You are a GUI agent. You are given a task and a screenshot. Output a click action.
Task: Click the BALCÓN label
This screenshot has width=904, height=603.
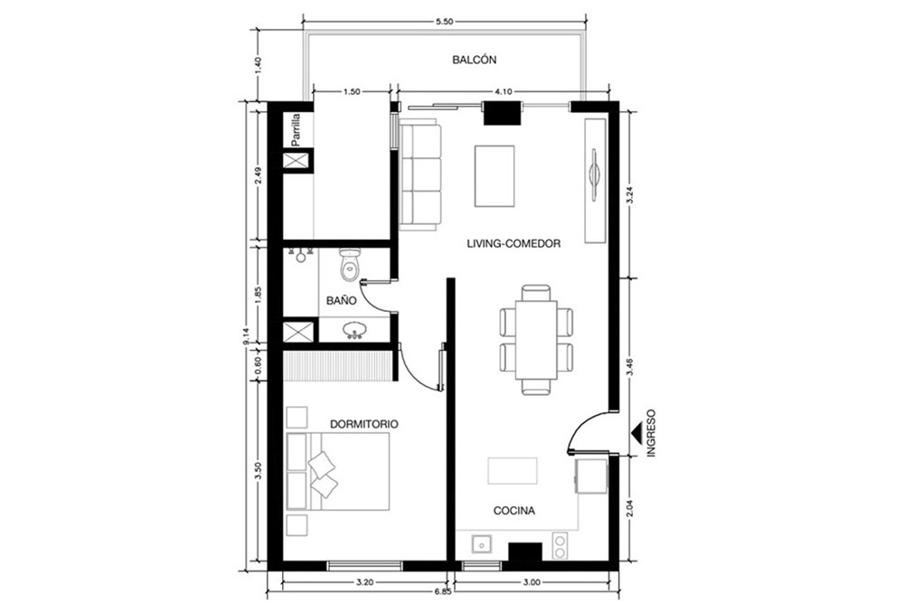(x=474, y=60)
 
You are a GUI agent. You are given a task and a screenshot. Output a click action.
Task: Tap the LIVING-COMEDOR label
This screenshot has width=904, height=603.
(x=513, y=244)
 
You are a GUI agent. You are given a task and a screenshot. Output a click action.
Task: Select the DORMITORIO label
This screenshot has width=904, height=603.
(x=363, y=424)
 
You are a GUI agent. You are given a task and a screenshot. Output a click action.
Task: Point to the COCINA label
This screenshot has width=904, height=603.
(x=514, y=510)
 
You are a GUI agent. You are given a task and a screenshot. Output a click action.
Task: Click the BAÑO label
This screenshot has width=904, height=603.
(x=342, y=300)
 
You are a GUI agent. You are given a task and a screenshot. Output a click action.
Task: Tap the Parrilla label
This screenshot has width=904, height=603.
(x=296, y=128)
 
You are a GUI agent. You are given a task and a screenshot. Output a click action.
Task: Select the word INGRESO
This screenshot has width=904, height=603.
(x=652, y=434)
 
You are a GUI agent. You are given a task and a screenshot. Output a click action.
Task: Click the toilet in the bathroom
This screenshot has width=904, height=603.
(x=349, y=265)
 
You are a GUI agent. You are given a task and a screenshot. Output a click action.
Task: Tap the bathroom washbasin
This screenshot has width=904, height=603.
(x=354, y=330)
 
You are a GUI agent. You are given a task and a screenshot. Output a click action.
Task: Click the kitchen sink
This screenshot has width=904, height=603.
(x=481, y=543)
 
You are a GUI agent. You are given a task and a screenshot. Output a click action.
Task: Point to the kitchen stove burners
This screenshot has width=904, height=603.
(x=560, y=546)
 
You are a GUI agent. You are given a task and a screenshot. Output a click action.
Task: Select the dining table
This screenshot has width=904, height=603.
(x=536, y=340)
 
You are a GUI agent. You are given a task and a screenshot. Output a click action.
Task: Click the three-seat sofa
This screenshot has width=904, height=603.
(x=419, y=174)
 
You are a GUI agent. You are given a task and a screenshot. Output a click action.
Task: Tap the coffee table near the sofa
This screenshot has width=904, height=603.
(x=494, y=175)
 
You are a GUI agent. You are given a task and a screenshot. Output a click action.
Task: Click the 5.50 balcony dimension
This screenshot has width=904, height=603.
(x=445, y=22)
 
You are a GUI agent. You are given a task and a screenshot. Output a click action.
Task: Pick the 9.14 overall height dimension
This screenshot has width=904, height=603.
(x=246, y=335)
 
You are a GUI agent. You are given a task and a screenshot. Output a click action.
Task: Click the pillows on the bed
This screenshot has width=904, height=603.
(x=322, y=474)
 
